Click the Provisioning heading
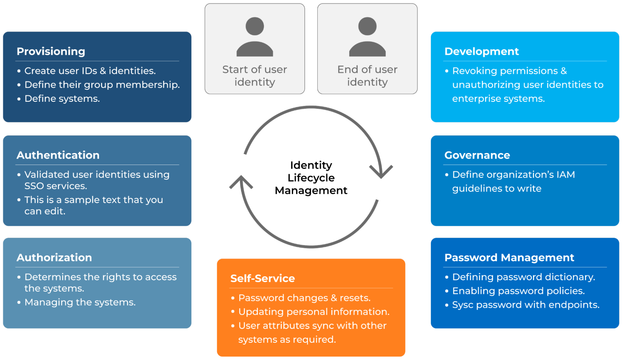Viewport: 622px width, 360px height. click(51, 51)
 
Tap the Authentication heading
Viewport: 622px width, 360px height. click(58, 155)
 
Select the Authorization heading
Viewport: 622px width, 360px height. click(54, 258)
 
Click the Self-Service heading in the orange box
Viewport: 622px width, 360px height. click(262, 278)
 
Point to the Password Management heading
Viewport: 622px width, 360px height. click(509, 258)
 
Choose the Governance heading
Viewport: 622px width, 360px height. click(477, 155)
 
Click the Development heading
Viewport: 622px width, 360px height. click(481, 51)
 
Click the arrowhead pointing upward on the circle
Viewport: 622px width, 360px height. click(241, 182)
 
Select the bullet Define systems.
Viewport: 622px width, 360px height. click(62, 99)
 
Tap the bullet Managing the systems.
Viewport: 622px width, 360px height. click(80, 302)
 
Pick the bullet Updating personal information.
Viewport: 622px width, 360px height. click(314, 312)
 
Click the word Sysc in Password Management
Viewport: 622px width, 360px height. click(462, 305)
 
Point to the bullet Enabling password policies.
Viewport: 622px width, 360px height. click(518, 291)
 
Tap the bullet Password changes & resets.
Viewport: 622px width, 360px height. click(304, 298)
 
